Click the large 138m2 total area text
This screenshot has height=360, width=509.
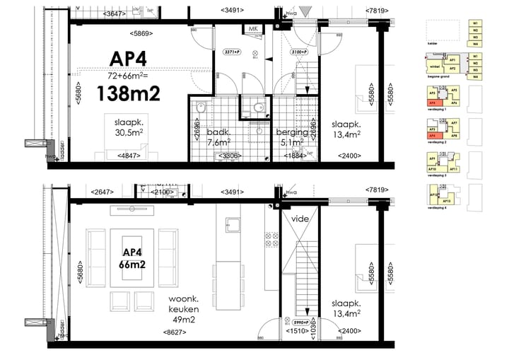pyautogui.click(x=127, y=93)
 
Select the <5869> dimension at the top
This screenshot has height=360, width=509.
pyautogui.click(x=144, y=33)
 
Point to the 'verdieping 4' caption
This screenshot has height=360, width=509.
pyautogui.click(x=436, y=209)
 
